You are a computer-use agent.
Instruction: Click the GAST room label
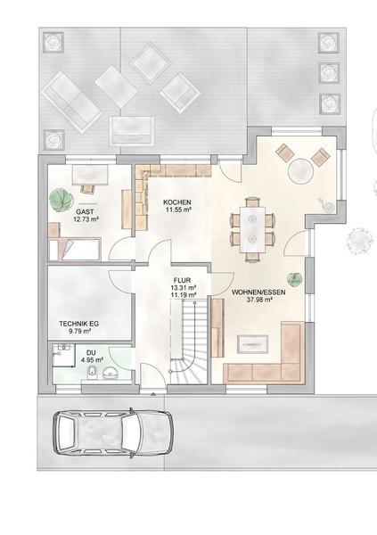click(x=85, y=212)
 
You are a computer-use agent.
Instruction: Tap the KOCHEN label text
click(x=177, y=202)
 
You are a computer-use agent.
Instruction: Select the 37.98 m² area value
click(x=259, y=300)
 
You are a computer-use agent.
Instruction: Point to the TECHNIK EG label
click(x=78, y=324)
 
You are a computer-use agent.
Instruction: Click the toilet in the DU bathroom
click(x=92, y=372)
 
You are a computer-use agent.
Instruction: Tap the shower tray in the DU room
click(x=63, y=355)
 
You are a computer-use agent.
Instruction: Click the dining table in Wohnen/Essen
click(x=252, y=229)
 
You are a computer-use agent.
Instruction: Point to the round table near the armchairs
click(x=300, y=170)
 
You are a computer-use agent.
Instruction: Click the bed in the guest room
click(x=75, y=250)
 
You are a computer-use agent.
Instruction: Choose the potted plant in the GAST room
click(x=61, y=200)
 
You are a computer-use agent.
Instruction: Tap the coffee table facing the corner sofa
click(x=253, y=344)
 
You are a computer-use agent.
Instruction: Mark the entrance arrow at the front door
click(x=153, y=394)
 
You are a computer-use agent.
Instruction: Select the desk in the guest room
click(x=90, y=175)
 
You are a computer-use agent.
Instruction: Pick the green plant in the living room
click(x=294, y=279)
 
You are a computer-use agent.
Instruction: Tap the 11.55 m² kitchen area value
click(x=178, y=210)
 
